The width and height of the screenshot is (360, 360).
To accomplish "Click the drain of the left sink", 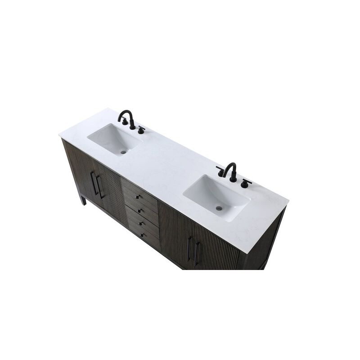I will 124,152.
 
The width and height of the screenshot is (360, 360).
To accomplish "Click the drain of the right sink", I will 220,208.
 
